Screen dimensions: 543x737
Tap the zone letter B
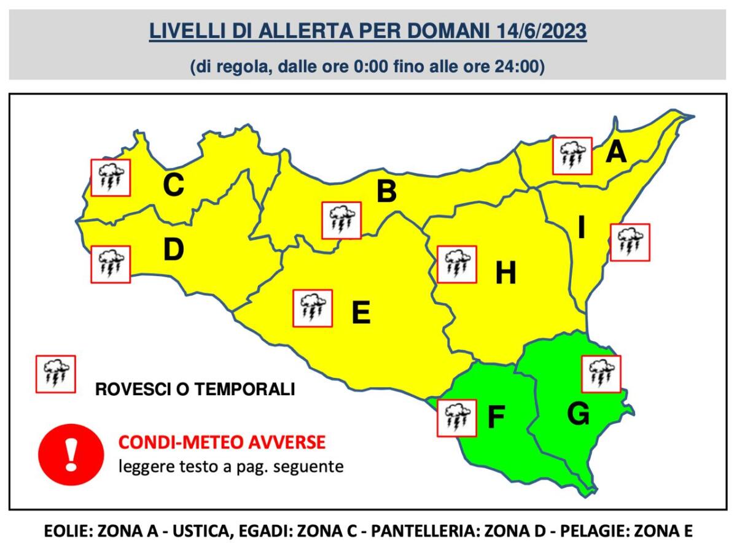[386, 191]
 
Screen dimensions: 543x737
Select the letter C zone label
[173, 185]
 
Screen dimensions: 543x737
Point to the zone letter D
[173, 249]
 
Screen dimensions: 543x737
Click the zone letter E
[361, 313]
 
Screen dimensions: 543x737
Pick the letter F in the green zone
[496, 417]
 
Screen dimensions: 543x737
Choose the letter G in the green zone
[578, 415]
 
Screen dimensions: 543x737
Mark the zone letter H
[505, 273]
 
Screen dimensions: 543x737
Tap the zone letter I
[581, 229]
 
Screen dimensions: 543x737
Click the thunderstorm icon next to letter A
[572, 156]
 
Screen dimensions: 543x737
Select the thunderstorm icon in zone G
[601, 374]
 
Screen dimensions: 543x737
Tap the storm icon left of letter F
[456, 418]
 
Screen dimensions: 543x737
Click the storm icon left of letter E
[313, 308]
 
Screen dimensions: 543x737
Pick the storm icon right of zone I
[630, 242]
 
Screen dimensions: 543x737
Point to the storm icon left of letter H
[456, 264]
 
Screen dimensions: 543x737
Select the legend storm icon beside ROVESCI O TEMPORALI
[56, 374]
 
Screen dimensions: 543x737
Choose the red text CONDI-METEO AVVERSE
[222, 442]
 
